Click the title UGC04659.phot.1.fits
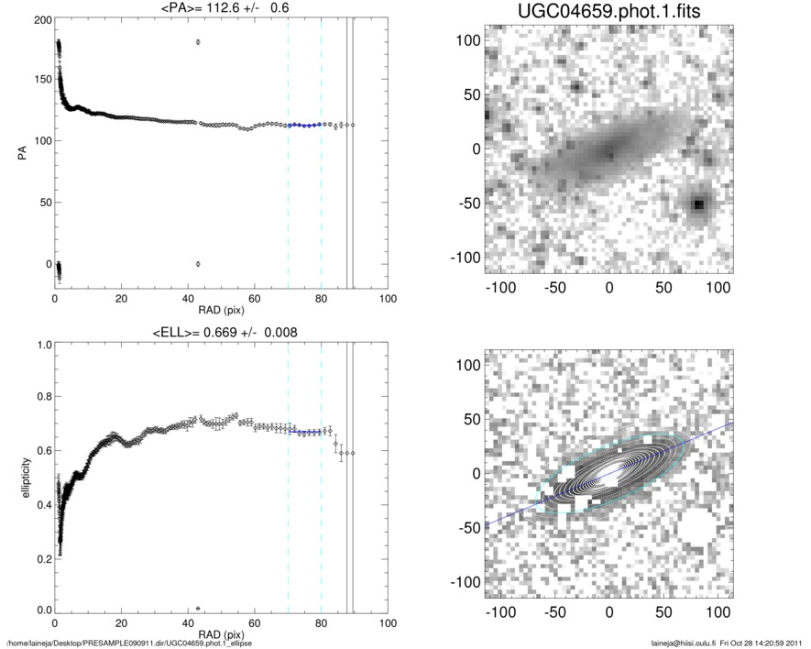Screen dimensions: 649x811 608,13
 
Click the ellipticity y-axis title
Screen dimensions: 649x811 21,476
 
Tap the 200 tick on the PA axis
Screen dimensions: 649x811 42,18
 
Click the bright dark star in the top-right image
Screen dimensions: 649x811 698,203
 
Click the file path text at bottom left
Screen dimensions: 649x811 129,643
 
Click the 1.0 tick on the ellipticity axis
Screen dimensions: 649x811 42,345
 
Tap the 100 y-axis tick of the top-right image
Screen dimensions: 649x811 468,40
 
